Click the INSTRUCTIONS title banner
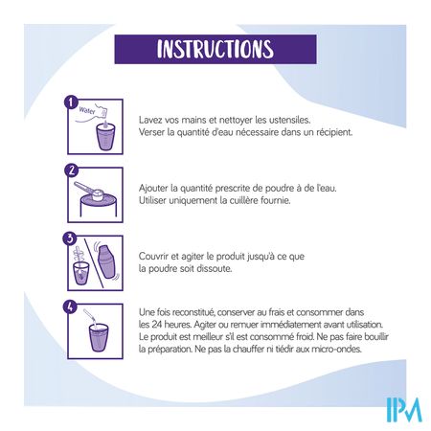215,49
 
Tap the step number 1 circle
71,102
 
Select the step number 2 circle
71,170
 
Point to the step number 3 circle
70,238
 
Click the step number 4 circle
70,306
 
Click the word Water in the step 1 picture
87,110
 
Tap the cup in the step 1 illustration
105,137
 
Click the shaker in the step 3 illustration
106,261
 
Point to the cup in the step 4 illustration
99,338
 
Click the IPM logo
404,410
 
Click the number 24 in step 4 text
156,325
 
